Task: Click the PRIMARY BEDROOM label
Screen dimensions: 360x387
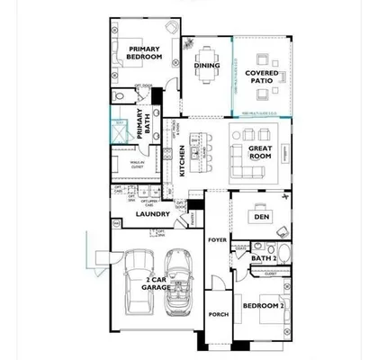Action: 144,53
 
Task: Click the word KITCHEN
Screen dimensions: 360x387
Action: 182,160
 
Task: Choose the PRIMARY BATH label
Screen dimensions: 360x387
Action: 141,121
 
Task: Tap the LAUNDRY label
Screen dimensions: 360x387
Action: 153,214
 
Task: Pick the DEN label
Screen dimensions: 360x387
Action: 262,217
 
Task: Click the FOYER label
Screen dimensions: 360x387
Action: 217,240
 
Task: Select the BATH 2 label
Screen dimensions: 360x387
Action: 263,259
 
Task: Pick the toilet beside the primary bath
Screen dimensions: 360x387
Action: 119,96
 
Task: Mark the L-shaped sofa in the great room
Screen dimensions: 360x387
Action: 247,162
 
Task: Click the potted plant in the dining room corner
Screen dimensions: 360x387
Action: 188,42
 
